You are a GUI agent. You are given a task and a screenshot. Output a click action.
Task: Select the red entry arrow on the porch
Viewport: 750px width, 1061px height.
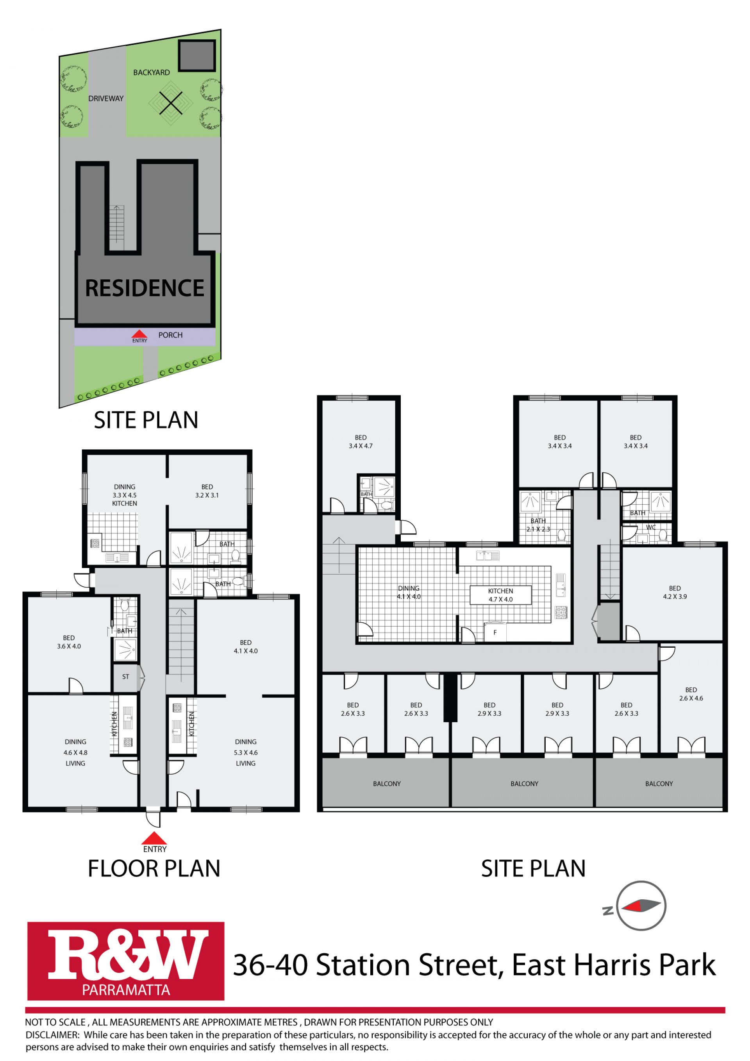coord(139,334)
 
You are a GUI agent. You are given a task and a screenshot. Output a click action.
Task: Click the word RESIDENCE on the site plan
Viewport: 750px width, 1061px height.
coord(145,288)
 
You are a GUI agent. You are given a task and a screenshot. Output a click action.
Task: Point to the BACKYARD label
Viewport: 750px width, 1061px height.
coord(152,73)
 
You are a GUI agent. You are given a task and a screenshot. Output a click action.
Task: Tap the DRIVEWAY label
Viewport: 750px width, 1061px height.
coord(106,98)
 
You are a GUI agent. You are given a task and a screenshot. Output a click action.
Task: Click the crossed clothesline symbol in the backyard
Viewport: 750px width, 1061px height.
coord(171,103)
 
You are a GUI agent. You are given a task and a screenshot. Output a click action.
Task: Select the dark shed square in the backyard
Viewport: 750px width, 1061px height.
coord(197,55)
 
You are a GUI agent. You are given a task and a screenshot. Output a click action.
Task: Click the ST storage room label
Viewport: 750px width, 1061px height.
coord(126,677)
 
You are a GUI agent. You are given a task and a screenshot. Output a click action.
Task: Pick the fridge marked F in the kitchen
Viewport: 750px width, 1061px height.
coord(495,632)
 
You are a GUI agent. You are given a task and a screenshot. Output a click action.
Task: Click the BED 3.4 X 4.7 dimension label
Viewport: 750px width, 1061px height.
coord(361,442)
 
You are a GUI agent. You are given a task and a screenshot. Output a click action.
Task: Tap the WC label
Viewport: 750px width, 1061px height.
coord(651,527)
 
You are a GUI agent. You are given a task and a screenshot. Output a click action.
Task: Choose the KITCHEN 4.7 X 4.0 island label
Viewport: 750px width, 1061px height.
coord(500,595)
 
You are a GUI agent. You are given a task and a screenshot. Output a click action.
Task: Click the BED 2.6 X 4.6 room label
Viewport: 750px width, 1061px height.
coord(691,694)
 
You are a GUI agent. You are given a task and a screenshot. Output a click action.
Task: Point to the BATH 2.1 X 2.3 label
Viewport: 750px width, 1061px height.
coord(538,525)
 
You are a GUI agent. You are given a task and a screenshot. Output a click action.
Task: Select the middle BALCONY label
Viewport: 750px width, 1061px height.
coord(525,784)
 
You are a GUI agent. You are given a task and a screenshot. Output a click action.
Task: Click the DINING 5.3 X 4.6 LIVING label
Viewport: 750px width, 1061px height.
coord(245,752)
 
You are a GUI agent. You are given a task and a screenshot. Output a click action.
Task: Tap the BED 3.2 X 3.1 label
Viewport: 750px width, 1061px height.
coord(207,491)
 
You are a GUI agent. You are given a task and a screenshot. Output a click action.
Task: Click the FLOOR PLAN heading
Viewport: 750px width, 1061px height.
coord(154,868)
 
